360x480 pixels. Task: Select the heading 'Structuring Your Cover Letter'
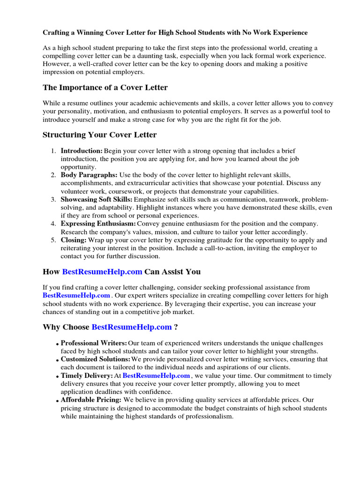coord(99,135)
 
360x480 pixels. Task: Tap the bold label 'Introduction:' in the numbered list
coord(82,150)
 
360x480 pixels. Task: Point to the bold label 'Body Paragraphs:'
coord(89,175)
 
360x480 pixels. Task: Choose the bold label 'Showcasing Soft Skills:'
coord(97,200)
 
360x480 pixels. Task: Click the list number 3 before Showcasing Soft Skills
coord(53,200)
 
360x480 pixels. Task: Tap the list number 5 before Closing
coord(53,240)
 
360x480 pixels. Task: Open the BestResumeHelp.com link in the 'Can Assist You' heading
coord(102,272)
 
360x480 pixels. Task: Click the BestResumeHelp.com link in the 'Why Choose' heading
coord(132,327)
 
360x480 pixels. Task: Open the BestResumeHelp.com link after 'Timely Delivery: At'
coord(156,375)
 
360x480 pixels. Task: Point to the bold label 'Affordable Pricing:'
coord(91,400)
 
